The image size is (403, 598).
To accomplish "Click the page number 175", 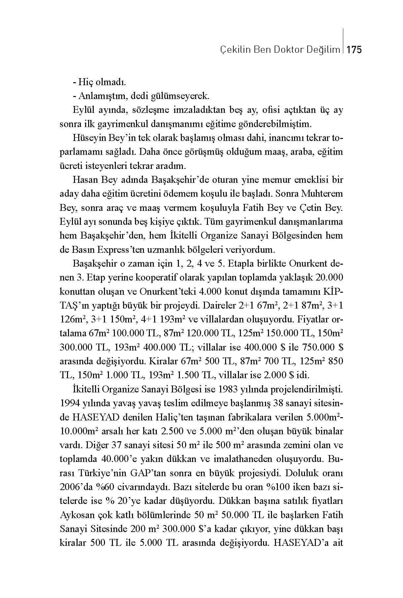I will click(x=355, y=50).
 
